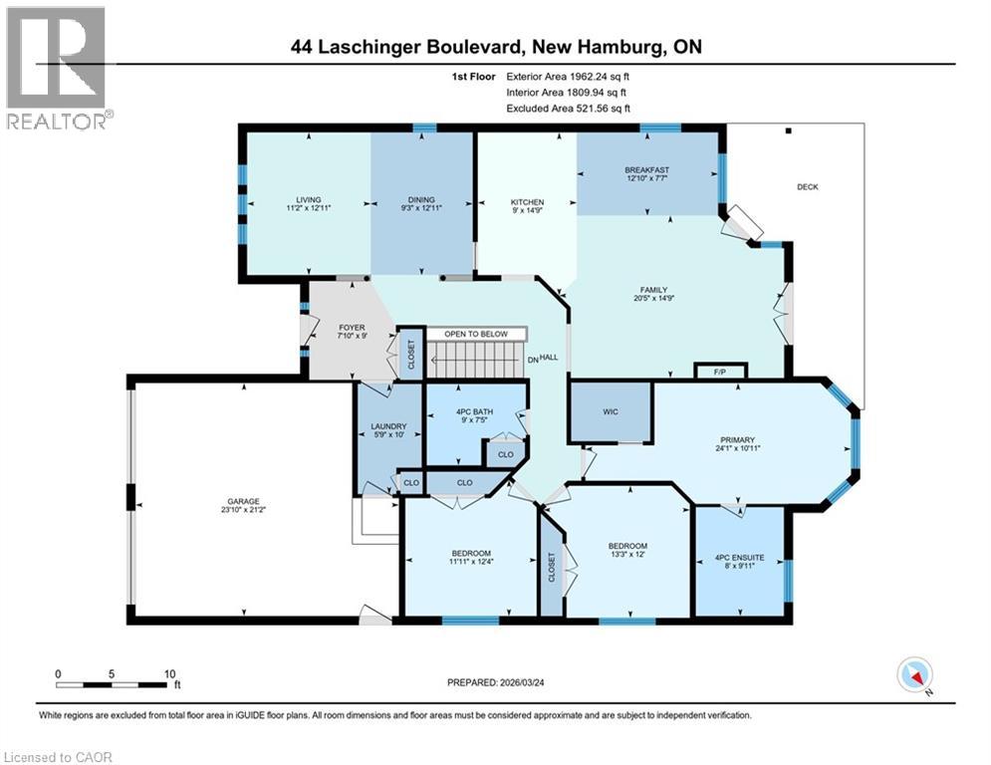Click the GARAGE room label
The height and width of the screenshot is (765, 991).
point(243,501)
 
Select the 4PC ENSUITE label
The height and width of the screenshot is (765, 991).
point(739,558)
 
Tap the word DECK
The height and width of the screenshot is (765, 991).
point(808,186)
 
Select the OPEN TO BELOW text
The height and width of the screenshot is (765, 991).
point(476,334)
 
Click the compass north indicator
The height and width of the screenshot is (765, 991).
point(914,676)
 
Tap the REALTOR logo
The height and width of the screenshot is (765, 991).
point(57,68)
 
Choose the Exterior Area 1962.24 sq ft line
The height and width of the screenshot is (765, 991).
point(568,76)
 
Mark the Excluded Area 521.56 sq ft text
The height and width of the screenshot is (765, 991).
point(568,108)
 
